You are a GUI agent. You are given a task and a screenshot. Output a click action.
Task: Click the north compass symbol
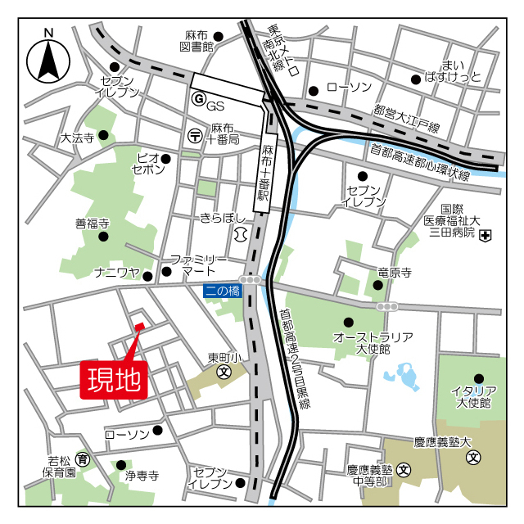47,60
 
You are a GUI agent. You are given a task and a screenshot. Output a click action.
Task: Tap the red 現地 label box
113,379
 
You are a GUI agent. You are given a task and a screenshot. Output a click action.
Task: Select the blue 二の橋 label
223,290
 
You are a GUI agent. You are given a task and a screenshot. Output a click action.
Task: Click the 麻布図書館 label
197,41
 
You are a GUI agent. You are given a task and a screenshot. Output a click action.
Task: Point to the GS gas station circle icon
197,99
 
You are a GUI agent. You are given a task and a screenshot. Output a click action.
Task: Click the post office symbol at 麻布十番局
195,134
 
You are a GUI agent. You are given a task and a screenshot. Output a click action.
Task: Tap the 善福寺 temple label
93,223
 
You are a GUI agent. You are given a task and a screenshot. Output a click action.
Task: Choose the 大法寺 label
77,138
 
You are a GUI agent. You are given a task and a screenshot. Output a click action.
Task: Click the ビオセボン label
148,163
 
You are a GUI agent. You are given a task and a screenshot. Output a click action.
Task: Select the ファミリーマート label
197,264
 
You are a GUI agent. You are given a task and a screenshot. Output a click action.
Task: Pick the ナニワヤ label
118,273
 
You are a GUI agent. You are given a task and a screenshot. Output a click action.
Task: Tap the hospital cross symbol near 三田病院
486,236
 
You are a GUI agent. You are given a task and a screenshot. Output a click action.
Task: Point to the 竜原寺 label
393,273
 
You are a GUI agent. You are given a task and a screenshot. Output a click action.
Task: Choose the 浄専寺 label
141,476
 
